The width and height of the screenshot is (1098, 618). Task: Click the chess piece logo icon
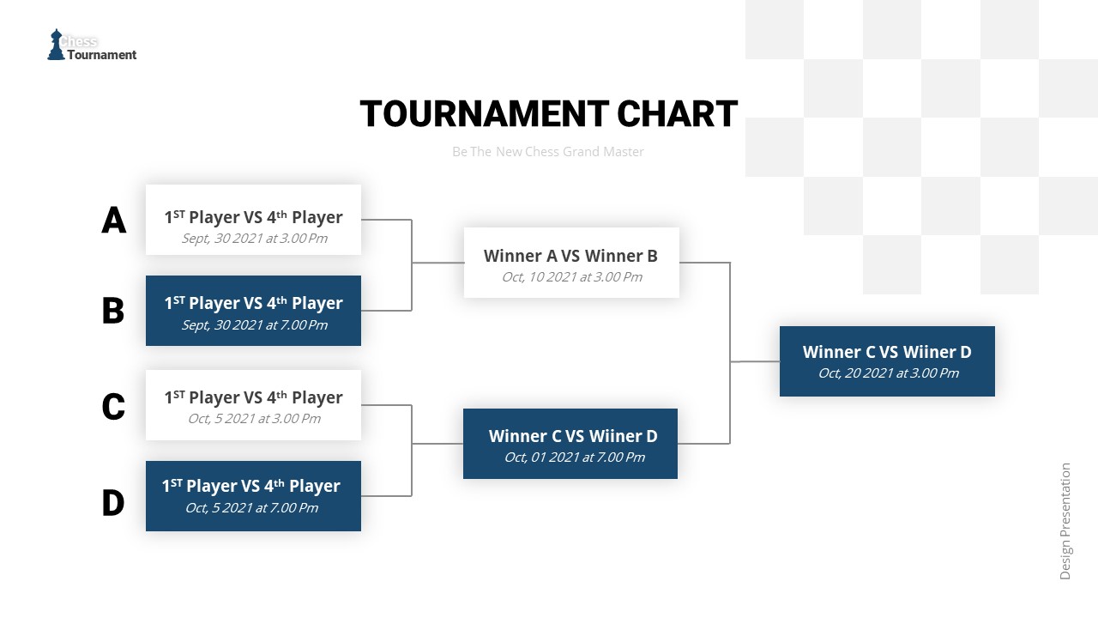point(56,45)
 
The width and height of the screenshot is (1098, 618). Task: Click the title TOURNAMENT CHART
point(548,114)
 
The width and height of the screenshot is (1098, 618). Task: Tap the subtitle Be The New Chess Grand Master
point(548,152)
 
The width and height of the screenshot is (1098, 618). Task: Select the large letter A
point(113,221)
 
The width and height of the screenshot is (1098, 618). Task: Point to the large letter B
point(113,311)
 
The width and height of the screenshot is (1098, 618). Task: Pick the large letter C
point(113,407)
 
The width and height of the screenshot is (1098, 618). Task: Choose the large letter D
point(113,503)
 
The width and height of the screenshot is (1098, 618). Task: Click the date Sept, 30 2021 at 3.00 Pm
point(254,239)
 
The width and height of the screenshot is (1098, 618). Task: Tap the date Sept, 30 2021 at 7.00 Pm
point(254,325)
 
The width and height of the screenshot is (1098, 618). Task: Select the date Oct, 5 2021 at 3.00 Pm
point(254,419)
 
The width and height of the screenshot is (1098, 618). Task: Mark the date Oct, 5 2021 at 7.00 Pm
point(251,508)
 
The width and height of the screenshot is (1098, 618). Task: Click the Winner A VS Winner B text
point(570,256)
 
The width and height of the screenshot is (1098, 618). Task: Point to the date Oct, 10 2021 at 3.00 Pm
point(571,277)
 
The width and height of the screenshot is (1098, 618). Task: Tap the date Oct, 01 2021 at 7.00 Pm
point(574,457)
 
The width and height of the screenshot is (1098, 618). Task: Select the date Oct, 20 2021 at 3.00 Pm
point(888,373)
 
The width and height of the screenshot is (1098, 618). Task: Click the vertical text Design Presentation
point(1065,522)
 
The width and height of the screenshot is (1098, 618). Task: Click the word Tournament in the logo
point(102,55)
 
